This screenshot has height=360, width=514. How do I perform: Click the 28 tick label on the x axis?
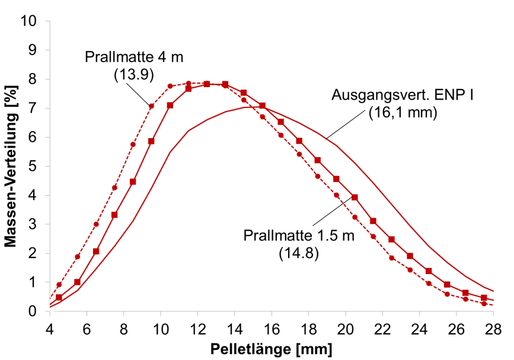click(493, 326)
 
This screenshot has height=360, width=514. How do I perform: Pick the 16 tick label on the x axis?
click(272, 326)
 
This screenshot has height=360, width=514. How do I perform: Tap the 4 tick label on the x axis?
click(50, 326)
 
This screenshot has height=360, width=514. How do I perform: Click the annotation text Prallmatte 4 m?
click(134, 58)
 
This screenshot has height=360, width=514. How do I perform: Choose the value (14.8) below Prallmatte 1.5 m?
click(299, 253)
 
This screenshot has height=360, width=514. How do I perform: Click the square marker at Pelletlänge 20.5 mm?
click(355, 197)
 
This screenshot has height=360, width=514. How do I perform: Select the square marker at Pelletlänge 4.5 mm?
click(59, 298)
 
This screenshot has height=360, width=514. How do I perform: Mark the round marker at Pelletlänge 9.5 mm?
click(151, 106)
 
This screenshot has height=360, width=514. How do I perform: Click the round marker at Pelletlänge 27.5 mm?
click(484, 304)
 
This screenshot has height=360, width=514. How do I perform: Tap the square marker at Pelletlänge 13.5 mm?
click(225, 84)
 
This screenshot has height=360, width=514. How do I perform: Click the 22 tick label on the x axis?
click(382, 326)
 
